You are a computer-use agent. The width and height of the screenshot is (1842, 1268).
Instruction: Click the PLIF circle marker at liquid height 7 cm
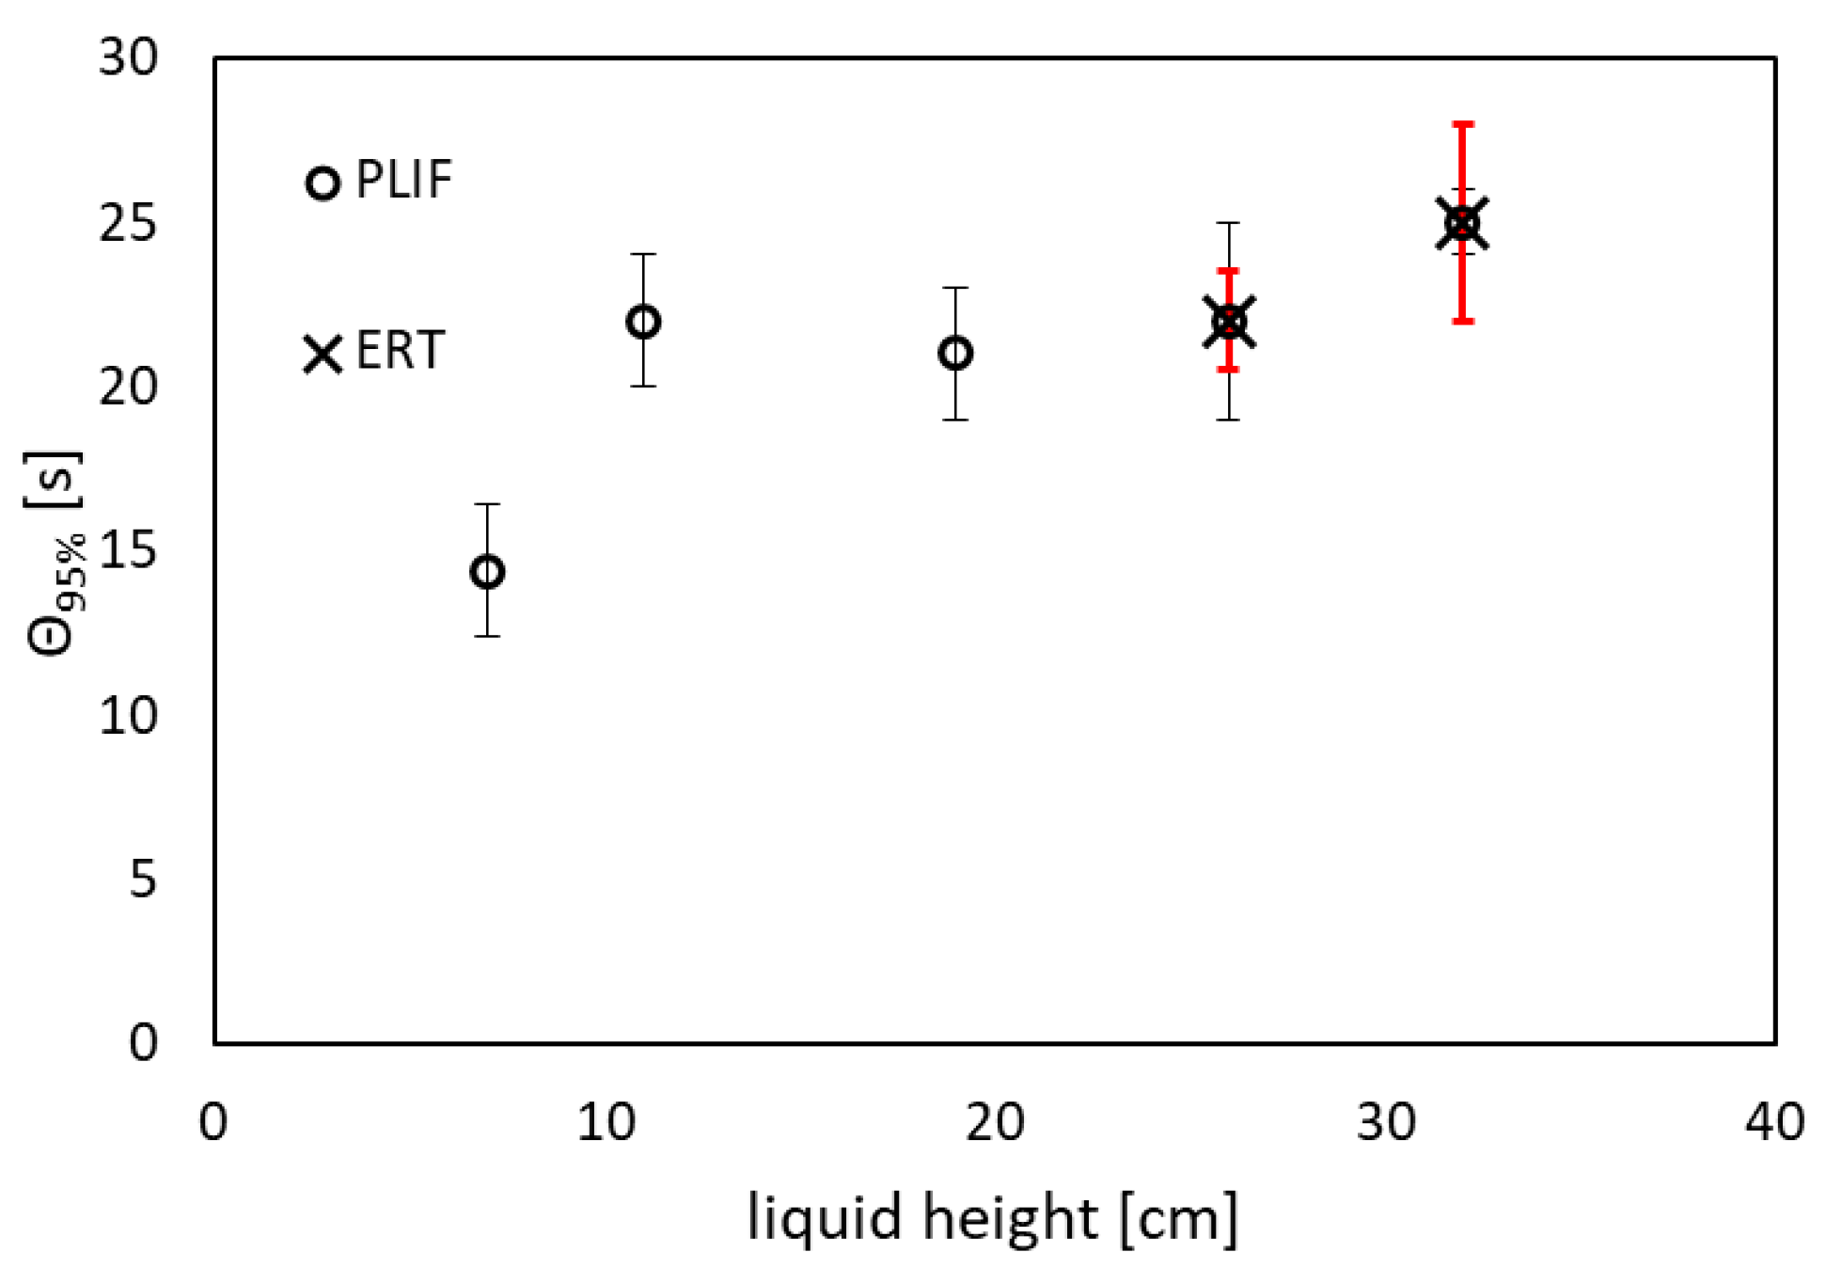coord(487,572)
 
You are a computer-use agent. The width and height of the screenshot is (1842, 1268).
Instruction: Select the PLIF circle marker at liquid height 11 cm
coord(643,323)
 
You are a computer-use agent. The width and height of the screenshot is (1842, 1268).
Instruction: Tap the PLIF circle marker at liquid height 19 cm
coord(955,354)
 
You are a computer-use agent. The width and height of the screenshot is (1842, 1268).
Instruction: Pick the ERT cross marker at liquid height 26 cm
coord(1229,323)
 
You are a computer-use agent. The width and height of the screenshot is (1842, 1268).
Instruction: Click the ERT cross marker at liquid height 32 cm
coord(1462,224)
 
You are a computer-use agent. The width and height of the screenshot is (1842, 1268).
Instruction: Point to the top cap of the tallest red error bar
coord(1462,124)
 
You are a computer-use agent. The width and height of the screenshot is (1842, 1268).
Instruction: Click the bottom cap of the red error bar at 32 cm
coord(1462,322)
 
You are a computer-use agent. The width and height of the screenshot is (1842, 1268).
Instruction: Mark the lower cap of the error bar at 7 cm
coord(487,636)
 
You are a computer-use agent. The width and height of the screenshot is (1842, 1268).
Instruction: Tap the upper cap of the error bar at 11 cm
coord(643,254)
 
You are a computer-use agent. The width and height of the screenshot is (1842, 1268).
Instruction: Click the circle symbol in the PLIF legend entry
coord(323,183)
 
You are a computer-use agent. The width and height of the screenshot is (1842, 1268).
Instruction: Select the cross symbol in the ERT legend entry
coord(323,355)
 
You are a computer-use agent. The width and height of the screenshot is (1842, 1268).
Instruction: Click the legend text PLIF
coord(404,180)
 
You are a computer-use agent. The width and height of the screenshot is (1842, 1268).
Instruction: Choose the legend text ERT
coord(400,351)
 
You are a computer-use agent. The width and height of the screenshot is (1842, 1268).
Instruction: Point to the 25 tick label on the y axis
coord(129,224)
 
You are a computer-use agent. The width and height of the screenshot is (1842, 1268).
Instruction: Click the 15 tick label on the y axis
coord(129,550)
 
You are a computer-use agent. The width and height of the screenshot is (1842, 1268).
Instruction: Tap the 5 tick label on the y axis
coord(143,880)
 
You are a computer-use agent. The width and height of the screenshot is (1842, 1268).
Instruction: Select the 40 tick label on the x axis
coord(1773,1122)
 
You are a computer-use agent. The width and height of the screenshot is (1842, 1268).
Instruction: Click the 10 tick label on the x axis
coord(606,1122)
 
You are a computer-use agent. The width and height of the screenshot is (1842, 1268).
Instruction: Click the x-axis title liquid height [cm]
coord(992,1218)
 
